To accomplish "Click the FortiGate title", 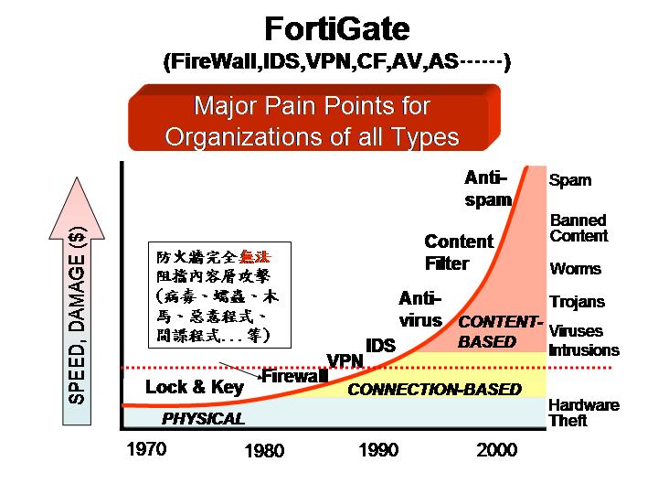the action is pos(337,28).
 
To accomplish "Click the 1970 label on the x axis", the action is pos(146,449).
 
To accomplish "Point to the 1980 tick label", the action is pos(264,450).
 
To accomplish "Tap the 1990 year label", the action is pos(378,450).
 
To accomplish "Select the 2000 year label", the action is pos(497,450).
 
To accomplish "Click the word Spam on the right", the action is pos(570,180).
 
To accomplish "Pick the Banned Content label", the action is pos(578,228).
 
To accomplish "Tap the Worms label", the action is pos(576,268).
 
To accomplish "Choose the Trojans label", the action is pos(578,302).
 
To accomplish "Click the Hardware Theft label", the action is pos(584,413).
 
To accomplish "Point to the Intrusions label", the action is pos(584,349).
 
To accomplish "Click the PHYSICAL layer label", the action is pos(203,418).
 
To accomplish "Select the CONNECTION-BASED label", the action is pos(435,390).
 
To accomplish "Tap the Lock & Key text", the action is pos(195,387).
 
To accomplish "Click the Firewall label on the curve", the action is pos(294,376).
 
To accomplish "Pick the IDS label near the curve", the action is pos(380,345).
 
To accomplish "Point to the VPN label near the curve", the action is pos(345,360).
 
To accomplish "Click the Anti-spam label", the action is pos(488,188).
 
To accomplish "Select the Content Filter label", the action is pos(459,252).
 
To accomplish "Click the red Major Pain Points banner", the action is pos(313,117).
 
